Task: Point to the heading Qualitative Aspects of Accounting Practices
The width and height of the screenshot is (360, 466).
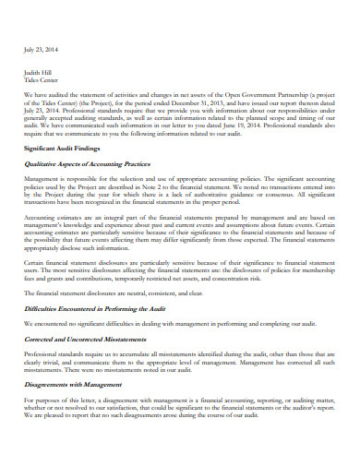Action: pos(97,162)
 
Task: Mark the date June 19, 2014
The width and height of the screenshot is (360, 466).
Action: pos(246,124)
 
